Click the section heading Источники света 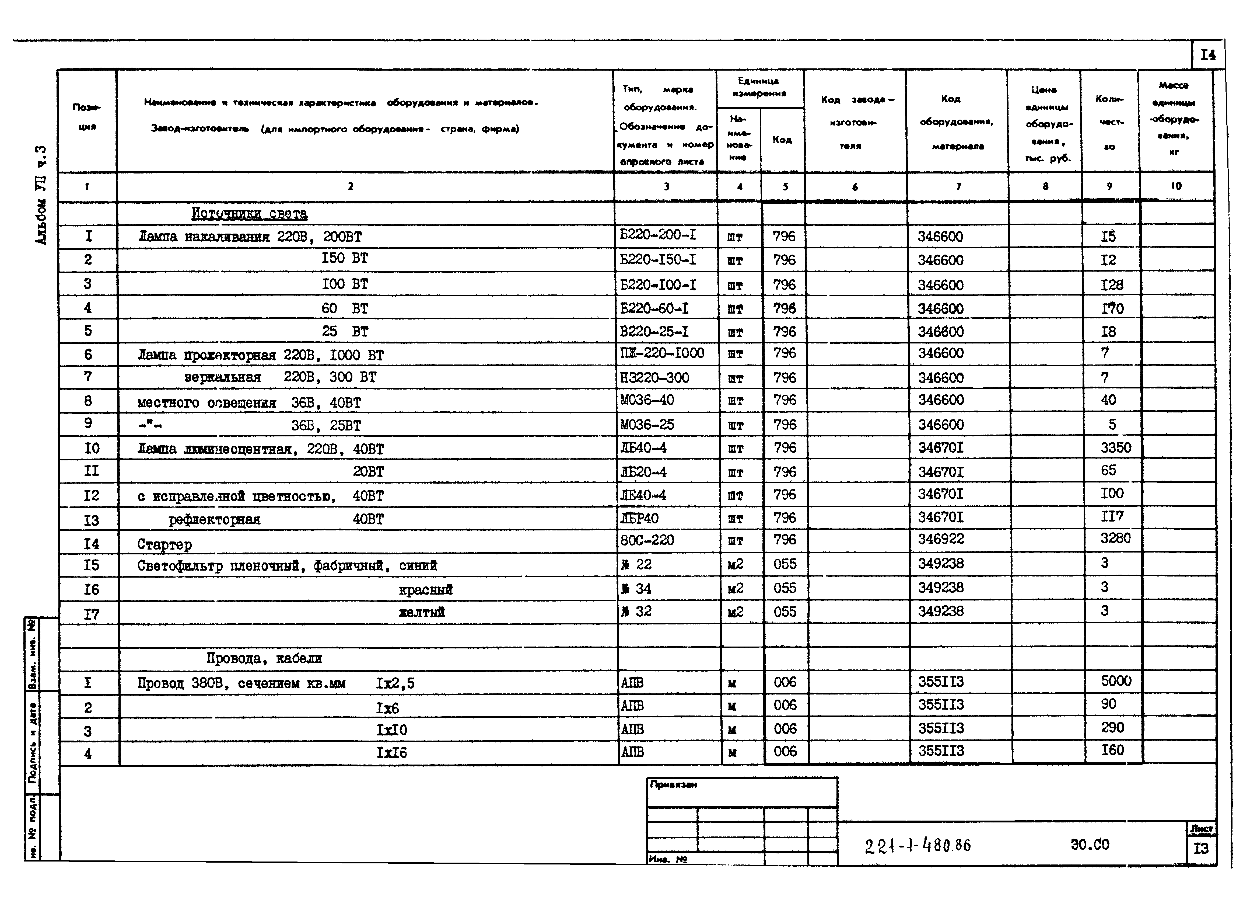tap(249, 214)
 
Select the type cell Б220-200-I tap(657, 235)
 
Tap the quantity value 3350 tap(1115, 447)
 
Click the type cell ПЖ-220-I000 tap(662, 353)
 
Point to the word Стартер tap(164, 544)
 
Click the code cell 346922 tap(941, 539)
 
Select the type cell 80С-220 tap(647, 540)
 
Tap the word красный tap(426, 589)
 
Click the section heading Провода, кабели tap(264, 658)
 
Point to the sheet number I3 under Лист tap(1201, 848)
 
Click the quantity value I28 tap(1111, 285)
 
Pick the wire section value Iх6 tap(387, 708)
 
